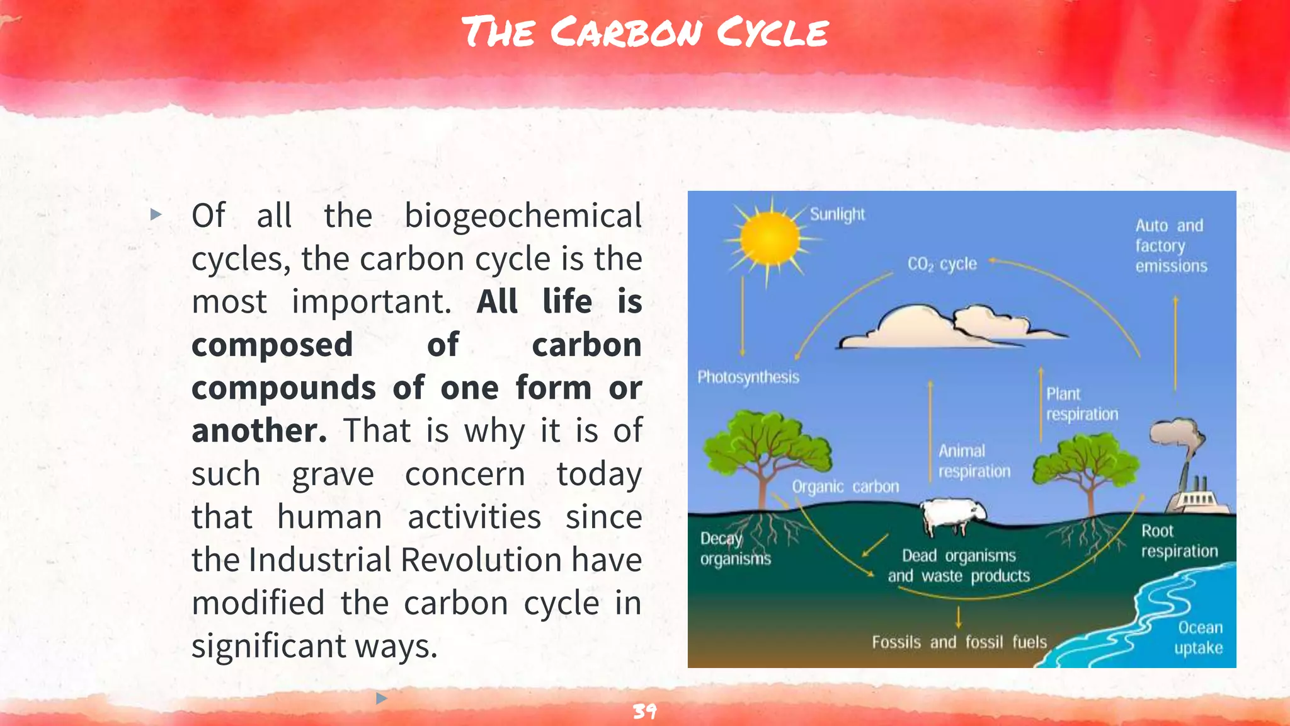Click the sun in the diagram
click(x=769, y=239)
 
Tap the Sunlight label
click(x=837, y=214)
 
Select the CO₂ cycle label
click(x=942, y=264)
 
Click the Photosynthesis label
click(x=748, y=377)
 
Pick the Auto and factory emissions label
click(x=1171, y=246)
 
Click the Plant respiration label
click(x=1082, y=404)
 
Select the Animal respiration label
click(x=974, y=461)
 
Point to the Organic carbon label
click(x=845, y=487)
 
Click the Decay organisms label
click(x=735, y=549)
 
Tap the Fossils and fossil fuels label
click(x=959, y=642)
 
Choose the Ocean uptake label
click(x=1199, y=637)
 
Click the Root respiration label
click(x=1179, y=541)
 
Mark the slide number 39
click(x=644, y=712)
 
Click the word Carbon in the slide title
click(x=626, y=32)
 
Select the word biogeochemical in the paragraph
click(x=523, y=216)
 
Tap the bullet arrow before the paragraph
click(x=156, y=215)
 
